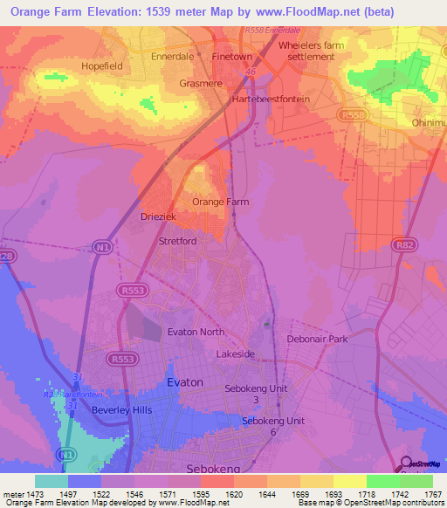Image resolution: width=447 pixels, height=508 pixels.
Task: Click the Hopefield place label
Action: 106,65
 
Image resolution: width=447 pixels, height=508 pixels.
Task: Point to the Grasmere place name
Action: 202,86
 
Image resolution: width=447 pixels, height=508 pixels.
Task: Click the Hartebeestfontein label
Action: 272,100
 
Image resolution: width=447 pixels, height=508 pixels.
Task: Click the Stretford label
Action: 177,240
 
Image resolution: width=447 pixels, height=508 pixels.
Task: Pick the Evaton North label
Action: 196,332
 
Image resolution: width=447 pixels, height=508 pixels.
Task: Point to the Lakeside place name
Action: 236,354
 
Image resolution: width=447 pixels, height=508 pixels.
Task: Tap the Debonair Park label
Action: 317,339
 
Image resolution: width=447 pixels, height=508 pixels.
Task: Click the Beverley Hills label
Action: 121,409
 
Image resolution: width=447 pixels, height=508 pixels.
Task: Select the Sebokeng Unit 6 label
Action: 273,426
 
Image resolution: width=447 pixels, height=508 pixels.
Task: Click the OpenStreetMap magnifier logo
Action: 406,463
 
